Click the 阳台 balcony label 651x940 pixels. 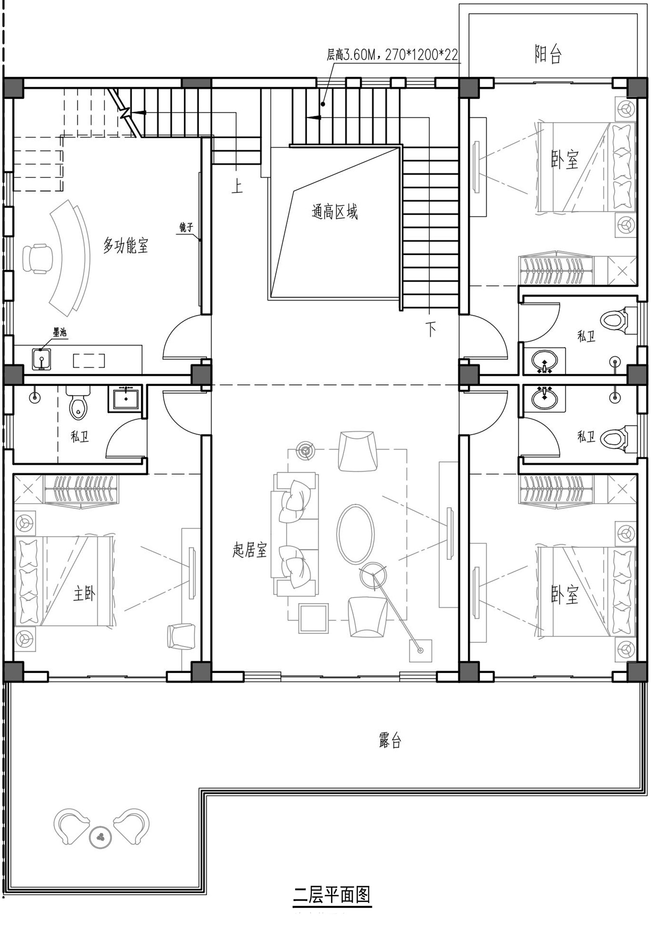click(548, 54)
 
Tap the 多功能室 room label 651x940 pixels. click(125, 246)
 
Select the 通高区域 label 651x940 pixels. click(335, 212)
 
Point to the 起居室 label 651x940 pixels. click(250, 550)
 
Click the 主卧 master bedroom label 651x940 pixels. click(84, 594)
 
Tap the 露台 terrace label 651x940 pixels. click(390, 741)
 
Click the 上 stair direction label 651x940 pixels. click(237, 186)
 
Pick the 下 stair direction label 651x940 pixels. click(431, 330)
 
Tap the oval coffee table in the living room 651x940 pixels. click(355, 534)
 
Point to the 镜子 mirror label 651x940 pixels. click(186, 227)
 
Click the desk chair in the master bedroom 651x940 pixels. click(181, 636)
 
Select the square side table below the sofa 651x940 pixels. click(312, 618)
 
